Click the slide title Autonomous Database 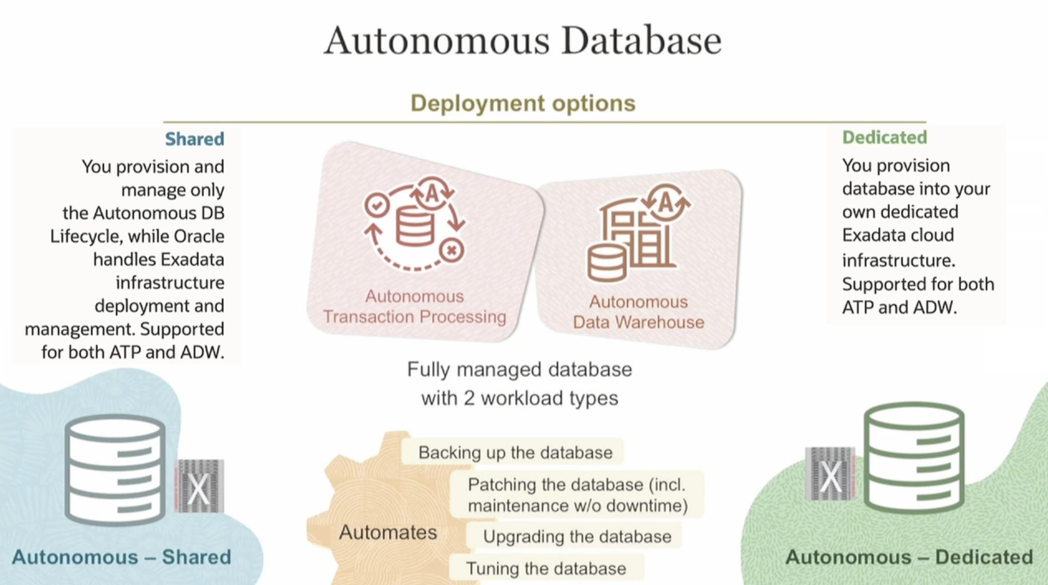[523, 41]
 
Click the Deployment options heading [523, 103]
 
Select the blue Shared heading [195, 139]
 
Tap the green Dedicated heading [884, 137]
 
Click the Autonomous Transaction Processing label [414, 307]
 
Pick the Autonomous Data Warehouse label [638, 312]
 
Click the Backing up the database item [515, 452]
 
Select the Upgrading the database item [577, 536]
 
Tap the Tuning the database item [546, 569]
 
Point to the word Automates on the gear [388, 532]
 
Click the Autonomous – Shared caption [121, 557]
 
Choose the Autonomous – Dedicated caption [909, 557]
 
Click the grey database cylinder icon [115, 470]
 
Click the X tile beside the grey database [199, 487]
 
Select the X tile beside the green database [830, 474]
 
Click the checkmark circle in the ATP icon [377, 205]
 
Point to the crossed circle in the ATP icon [451, 250]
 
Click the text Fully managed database [520, 370]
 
